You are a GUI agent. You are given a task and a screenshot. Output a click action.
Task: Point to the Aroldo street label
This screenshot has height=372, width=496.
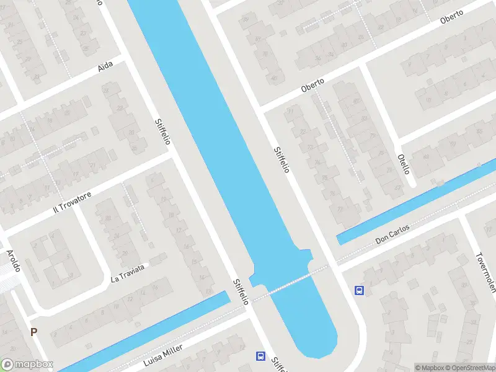(x=14, y=260)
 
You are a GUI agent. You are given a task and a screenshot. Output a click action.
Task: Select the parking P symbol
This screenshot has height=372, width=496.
(x=33, y=332)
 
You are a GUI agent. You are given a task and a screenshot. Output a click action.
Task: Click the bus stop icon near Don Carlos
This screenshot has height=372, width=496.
(x=359, y=290)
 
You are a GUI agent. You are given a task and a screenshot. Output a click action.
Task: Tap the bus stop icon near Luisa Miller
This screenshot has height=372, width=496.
(x=261, y=356)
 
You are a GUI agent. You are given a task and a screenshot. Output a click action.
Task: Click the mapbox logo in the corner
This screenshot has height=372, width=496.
(x=27, y=365)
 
